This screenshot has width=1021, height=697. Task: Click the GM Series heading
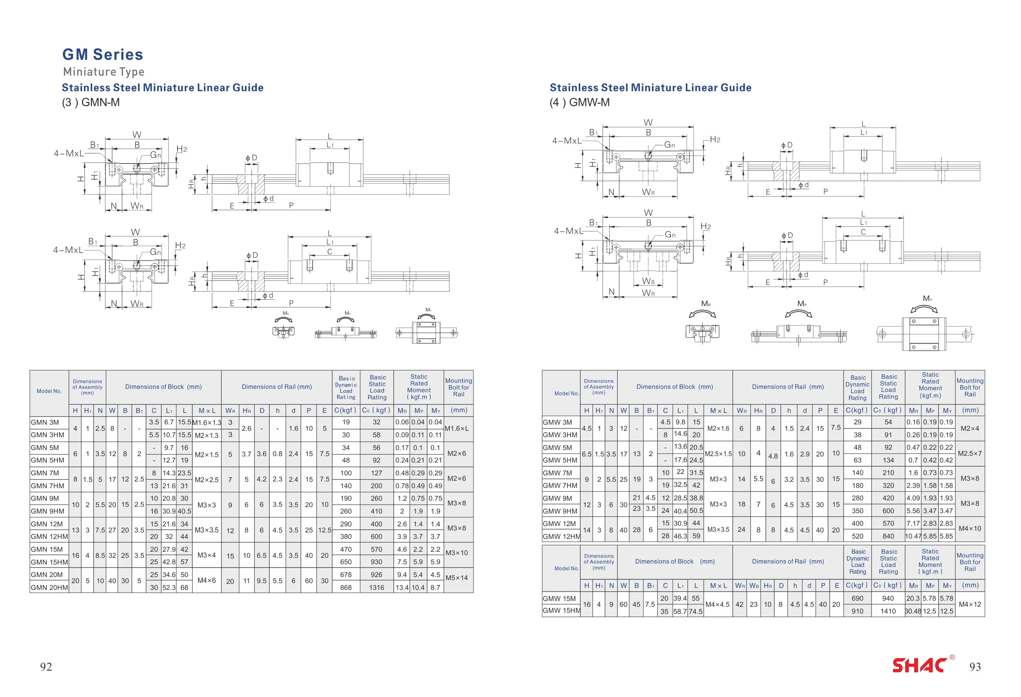pyautogui.click(x=102, y=54)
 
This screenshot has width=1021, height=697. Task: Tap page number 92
pyautogui.click(x=46, y=667)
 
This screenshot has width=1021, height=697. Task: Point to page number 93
pyautogui.click(x=975, y=667)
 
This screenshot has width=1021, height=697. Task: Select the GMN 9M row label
pyautogui.click(x=45, y=498)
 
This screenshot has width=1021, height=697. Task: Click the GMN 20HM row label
pyautogui.click(x=49, y=588)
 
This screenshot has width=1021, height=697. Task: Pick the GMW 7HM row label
pyautogui.click(x=560, y=485)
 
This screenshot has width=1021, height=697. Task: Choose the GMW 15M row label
pyautogui.click(x=559, y=599)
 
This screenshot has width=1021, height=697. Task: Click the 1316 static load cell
pyautogui.click(x=376, y=588)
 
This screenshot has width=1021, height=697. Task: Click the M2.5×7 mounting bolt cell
pyautogui.click(x=970, y=453)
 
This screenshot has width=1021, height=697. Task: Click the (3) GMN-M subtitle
pyautogui.click(x=91, y=102)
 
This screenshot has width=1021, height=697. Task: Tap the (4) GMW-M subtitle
pyautogui.click(x=580, y=102)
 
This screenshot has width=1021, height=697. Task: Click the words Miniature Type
pyautogui.click(x=104, y=72)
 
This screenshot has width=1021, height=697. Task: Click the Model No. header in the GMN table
pyautogui.click(x=49, y=391)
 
